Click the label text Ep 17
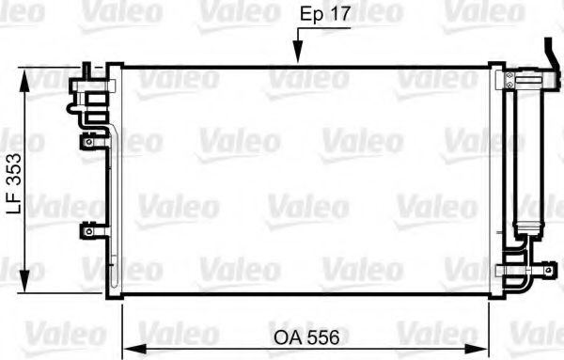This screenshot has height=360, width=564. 325,16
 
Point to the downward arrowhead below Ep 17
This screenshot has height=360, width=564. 297,58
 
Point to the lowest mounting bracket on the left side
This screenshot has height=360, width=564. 88,229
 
